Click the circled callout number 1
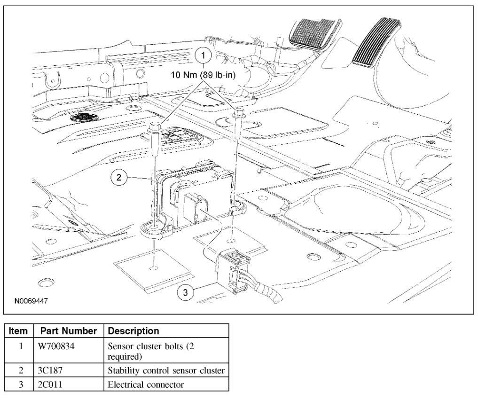tap(203, 55)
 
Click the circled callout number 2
tap(119, 178)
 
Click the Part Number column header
tap(69, 331)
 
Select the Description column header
tap(133, 331)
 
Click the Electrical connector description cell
tap(146, 384)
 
